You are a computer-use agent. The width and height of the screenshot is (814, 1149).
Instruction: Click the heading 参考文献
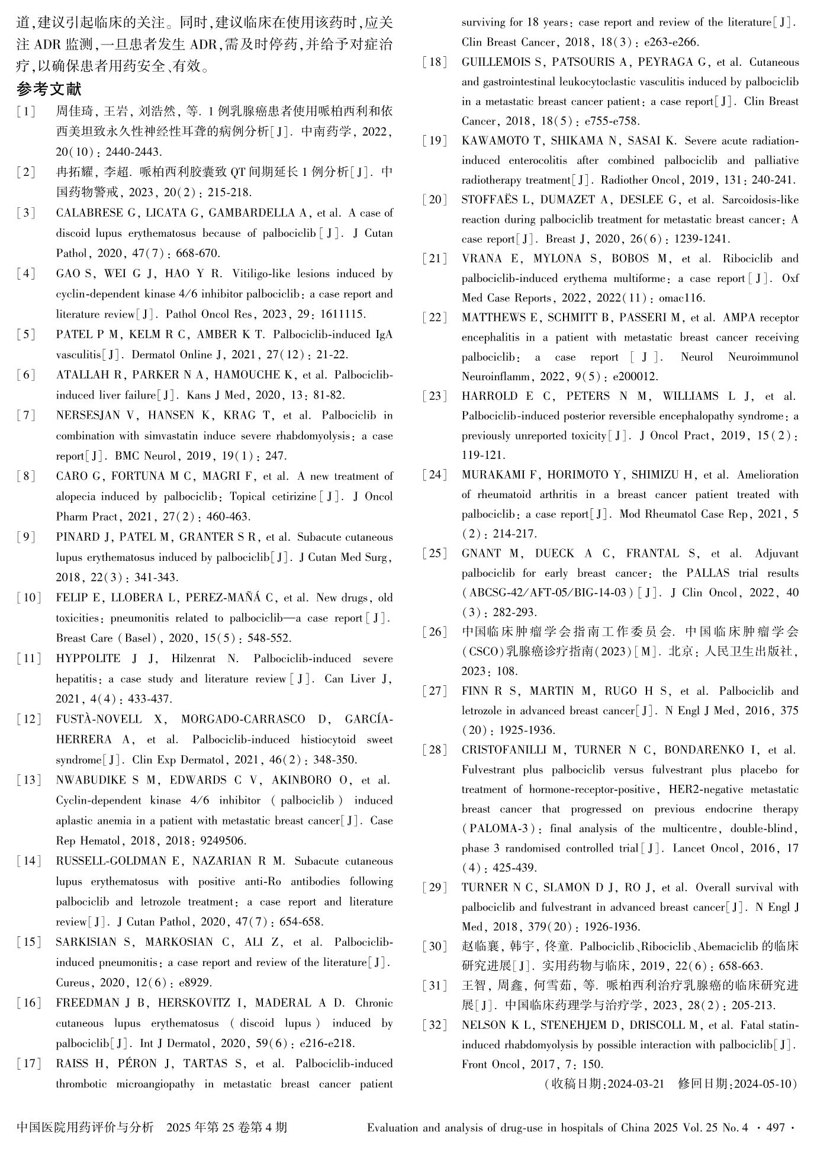coord(49,89)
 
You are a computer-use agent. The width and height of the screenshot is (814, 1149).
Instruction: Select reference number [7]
coord(26,415)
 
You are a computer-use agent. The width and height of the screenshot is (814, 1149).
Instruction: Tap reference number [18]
coord(435,62)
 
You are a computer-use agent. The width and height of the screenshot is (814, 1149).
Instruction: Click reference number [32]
coord(435,1025)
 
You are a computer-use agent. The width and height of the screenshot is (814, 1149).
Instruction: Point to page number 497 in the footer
coord(776,1128)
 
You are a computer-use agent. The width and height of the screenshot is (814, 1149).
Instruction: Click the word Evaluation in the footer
coord(393,1128)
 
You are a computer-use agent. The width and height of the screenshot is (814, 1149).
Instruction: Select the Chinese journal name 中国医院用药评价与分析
coord(85,1127)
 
